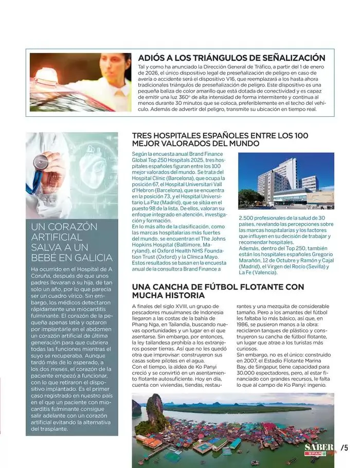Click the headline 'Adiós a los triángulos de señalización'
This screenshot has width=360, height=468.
[231, 58]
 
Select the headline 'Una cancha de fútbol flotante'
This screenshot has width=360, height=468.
[218, 291]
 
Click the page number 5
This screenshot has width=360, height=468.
[345, 448]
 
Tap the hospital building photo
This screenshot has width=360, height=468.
[286, 181]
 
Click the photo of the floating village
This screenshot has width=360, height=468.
[232, 429]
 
